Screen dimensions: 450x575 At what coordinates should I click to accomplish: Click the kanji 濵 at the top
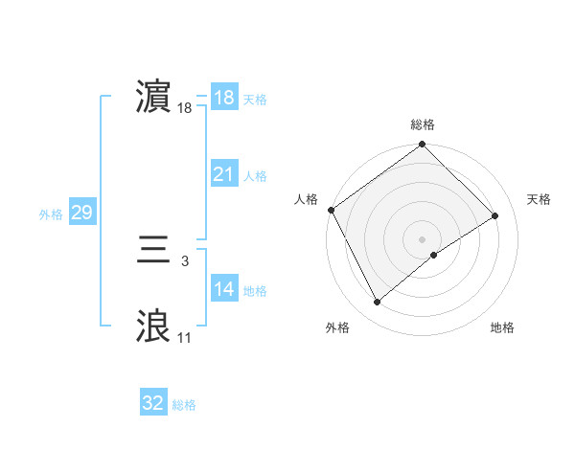[x=153, y=97]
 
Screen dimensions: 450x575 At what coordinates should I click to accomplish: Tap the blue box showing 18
[x=223, y=98]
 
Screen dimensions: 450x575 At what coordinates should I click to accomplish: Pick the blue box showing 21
[x=223, y=174]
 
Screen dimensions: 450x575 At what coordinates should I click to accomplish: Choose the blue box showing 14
[x=223, y=289]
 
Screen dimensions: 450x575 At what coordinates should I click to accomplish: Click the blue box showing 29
[x=81, y=213]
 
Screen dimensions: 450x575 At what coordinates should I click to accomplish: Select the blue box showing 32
[x=153, y=403]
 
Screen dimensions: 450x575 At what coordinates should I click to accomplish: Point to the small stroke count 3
[x=184, y=260]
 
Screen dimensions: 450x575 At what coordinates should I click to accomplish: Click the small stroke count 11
[x=184, y=337]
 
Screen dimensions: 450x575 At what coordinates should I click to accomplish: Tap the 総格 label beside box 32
[x=184, y=405]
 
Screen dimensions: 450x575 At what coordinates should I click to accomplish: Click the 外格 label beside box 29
[x=51, y=214]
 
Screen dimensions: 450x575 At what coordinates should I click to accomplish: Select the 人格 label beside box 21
[x=255, y=176]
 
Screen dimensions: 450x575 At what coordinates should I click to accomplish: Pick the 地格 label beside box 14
[x=255, y=291]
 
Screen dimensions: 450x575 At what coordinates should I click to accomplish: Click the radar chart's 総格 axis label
[x=422, y=124]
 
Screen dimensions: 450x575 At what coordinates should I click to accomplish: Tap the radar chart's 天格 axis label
[x=540, y=199]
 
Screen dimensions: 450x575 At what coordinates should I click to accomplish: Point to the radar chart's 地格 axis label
[x=502, y=327]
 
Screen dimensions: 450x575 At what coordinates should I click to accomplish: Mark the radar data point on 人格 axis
[x=332, y=210]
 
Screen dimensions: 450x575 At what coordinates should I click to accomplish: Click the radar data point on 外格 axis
[x=378, y=303]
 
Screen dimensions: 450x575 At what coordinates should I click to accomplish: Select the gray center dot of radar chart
[x=422, y=238]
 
